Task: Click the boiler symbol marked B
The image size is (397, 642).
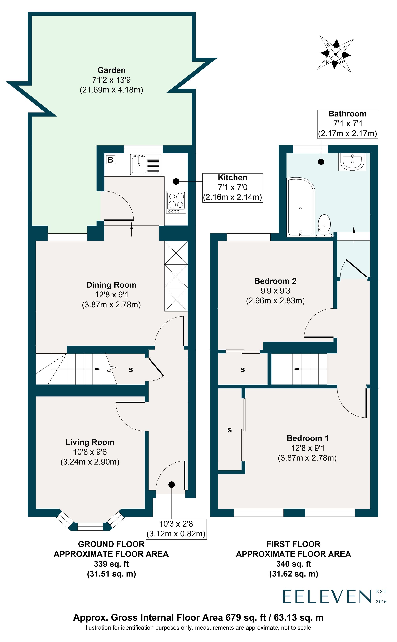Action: (x=111, y=160)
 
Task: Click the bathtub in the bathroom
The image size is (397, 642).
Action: (x=301, y=207)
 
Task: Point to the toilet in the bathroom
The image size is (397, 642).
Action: (x=324, y=225)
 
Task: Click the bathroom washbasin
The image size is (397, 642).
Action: (x=352, y=161)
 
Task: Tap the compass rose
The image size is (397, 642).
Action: (x=335, y=54)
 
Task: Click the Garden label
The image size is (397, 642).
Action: (x=111, y=70)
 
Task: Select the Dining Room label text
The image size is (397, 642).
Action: (x=111, y=285)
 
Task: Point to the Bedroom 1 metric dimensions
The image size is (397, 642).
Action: (x=307, y=458)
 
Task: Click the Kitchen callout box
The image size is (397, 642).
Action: (x=233, y=187)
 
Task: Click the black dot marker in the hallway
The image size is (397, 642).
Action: (x=172, y=485)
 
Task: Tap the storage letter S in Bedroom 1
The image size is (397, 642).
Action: (x=229, y=430)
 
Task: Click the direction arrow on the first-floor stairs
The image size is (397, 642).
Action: (x=296, y=369)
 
